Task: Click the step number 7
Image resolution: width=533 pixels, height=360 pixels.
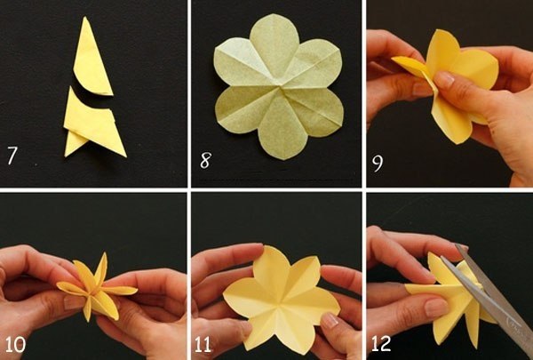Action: (x=12, y=156)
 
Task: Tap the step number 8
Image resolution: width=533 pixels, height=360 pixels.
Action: (x=206, y=160)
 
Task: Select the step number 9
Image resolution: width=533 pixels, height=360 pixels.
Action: (x=378, y=164)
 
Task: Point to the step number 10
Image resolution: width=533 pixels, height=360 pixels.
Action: (x=15, y=345)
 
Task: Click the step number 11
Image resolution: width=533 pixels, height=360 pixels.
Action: (x=203, y=345)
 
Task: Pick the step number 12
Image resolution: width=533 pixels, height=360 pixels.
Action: (x=381, y=344)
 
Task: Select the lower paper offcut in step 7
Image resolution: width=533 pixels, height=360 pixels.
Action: (x=93, y=124)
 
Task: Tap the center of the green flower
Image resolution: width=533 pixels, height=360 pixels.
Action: (x=280, y=87)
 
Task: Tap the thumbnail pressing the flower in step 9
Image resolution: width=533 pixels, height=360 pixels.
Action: (x=444, y=80)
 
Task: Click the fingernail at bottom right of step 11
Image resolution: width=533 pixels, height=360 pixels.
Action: (x=329, y=321)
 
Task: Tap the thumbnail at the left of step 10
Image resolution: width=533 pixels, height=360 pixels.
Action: (x=72, y=302)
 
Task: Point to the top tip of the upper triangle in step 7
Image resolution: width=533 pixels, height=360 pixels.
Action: (x=84, y=17)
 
